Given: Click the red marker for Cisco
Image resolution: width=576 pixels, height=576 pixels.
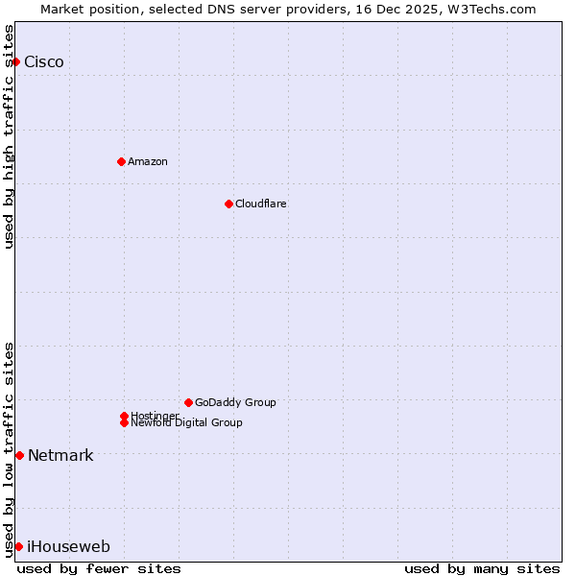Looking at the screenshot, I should coord(15,61).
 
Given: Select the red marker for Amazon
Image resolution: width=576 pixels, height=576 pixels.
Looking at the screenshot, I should coord(121,161).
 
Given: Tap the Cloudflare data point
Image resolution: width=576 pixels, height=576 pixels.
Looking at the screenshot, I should coord(228,204).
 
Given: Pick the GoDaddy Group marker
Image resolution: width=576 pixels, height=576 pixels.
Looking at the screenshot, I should coord(188,402).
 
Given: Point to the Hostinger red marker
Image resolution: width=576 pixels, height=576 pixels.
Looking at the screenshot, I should coord(124,416).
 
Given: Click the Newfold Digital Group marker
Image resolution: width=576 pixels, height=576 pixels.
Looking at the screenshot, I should coord(124,422).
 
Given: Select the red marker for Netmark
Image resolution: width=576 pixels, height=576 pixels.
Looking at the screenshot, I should coord(19,455).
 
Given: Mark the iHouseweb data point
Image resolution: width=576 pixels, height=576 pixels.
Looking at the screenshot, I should coord(18,546).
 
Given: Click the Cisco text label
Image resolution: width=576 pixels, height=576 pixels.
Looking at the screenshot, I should coord(44,62).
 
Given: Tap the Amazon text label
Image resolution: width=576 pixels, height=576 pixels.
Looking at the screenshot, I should coord(148,161).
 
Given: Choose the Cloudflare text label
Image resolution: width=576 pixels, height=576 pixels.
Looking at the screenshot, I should coord(261,204).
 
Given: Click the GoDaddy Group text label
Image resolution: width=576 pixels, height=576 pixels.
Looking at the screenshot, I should coord(235,402).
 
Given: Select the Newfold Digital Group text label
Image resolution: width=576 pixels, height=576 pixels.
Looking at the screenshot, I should coord(187,423).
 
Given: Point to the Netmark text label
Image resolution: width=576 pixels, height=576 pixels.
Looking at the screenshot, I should coord(60,456).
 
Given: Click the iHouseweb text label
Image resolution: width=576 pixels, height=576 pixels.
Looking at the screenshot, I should coord(68,547).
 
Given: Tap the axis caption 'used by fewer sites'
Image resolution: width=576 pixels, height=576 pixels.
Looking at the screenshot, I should coord(99,568).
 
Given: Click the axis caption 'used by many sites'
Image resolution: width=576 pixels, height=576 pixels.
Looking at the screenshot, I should coord(482,568).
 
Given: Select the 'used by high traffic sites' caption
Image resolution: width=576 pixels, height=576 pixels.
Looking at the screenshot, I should coord(9,136).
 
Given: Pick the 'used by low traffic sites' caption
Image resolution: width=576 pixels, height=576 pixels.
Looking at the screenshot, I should coord(9,448).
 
